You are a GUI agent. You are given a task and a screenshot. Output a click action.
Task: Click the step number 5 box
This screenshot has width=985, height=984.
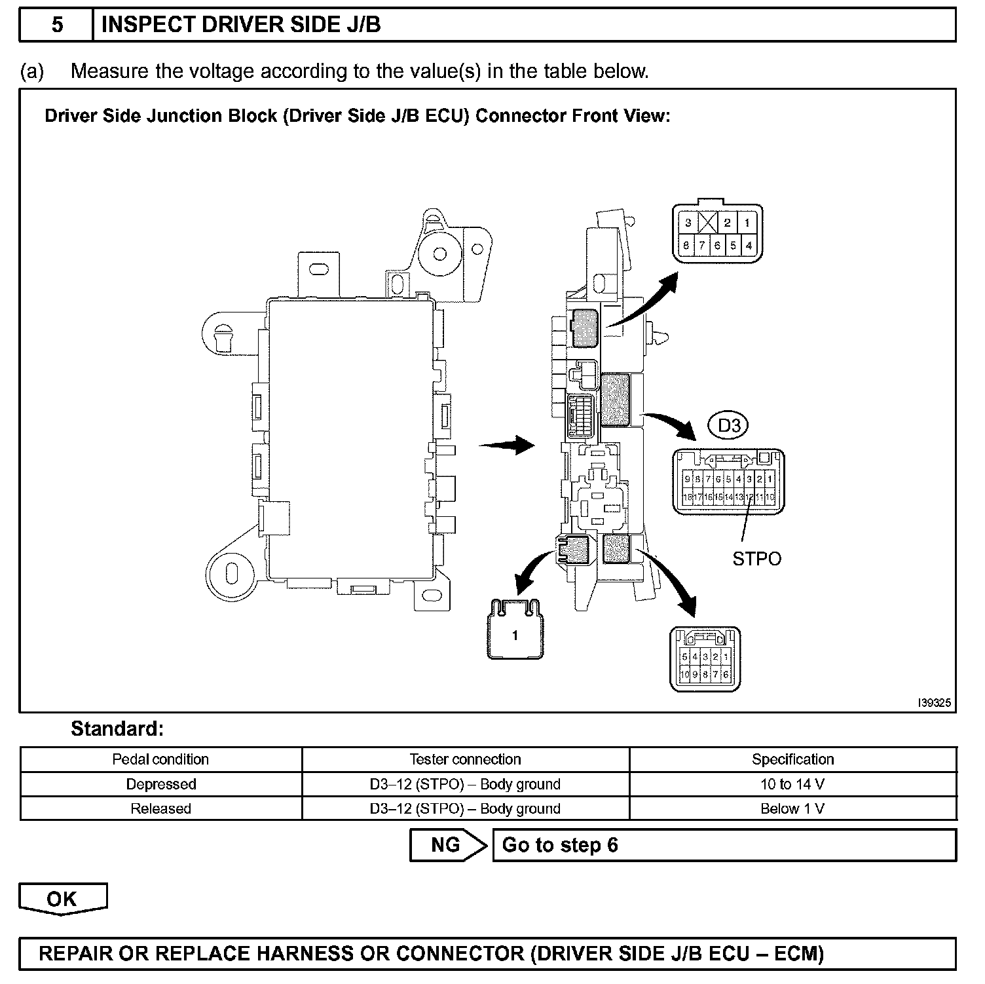pyautogui.click(x=57, y=25)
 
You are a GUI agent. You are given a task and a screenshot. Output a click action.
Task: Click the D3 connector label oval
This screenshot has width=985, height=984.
pyautogui.click(x=729, y=426)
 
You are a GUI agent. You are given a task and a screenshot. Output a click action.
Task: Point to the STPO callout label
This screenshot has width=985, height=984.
pyautogui.click(x=756, y=559)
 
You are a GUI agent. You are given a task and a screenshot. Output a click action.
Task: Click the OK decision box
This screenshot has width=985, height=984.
pyautogui.click(x=62, y=899)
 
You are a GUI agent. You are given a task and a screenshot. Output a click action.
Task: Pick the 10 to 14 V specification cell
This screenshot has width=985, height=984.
pyautogui.click(x=792, y=784)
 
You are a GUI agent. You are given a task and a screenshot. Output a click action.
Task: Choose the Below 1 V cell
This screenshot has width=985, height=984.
pyautogui.click(x=792, y=808)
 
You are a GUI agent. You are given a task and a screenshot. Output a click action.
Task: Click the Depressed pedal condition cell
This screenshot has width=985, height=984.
pyautogui.click(x=161, y=784)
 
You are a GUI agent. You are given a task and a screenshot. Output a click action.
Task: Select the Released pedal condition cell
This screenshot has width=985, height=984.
pyautogui.click(x=161, y=808)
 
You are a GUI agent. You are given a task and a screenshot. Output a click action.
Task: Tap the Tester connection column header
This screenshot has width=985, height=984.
pyautogui.click(x=465, y=759)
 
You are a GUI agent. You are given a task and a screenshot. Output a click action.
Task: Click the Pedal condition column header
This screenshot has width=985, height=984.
pyautogui.click(x=161, y=759)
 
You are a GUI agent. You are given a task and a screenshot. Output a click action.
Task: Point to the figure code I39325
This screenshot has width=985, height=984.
pyautogui.click(x=934, y=703)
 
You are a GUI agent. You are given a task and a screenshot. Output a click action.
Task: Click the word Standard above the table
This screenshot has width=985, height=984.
pyautogui.click(x=117, y=729)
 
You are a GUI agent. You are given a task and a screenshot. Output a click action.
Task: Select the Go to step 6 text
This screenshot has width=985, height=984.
pyautogui.click(x=560, y=845)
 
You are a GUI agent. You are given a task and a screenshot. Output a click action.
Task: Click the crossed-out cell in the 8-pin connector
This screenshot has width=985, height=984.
pyautogui.click(x=708, y=223)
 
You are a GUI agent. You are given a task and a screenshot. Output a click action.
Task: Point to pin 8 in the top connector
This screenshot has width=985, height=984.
pyautogui.click(x=686, y=246)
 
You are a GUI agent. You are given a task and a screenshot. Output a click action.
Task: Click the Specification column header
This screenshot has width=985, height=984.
pyautogui.click(x=792, y=759)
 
